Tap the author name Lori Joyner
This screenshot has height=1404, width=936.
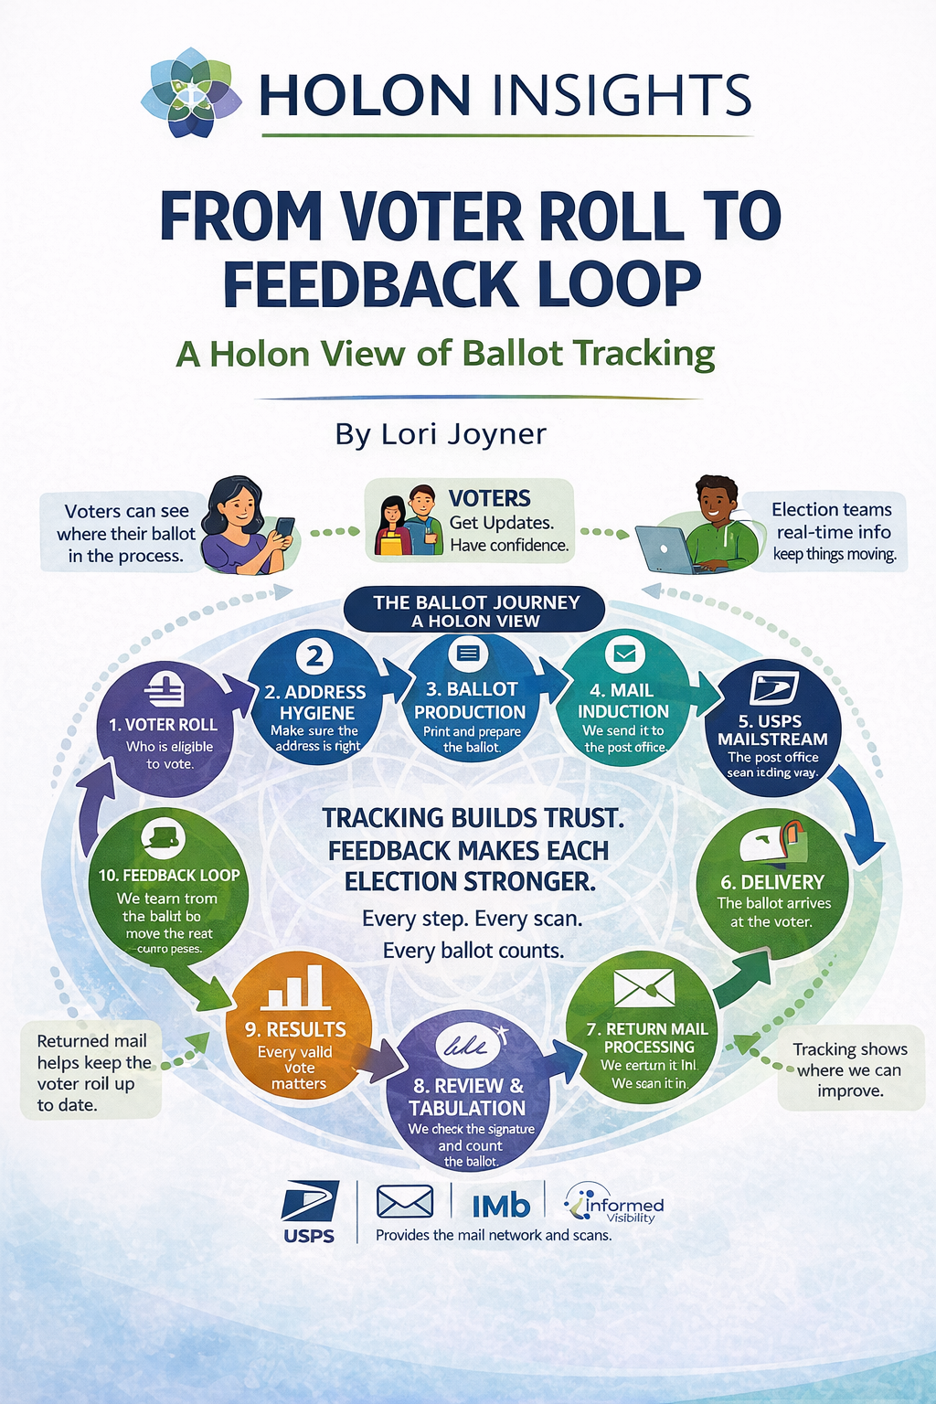click(x=441, y=433)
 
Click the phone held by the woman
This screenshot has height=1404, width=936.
click(x=284, y=529)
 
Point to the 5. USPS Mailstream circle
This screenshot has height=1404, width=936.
click(x=772, y=729)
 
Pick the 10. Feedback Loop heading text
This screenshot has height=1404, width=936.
click(x=169, y=876)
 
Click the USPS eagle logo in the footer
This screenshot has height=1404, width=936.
click(x=309, y=1202)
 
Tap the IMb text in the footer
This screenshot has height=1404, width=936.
click(x=501, y=1207)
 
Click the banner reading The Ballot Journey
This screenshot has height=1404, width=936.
click(x=475, y=611)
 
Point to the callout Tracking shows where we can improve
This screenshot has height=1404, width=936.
click(x=849, y=1069)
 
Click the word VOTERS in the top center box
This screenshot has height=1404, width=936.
click(x=489, y=498)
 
